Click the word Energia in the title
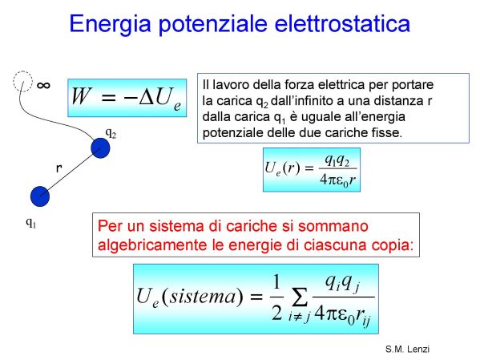tap(111, 25)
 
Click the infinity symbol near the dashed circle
tap(43, 85)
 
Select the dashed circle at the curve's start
tap(22, 81)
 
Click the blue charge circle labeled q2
tap(100, 148)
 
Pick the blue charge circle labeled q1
tap(40, 196)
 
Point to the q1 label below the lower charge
tap(31, 222)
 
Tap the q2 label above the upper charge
tap(111, 132)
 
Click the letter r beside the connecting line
tap(58, 168)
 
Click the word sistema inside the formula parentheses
tap(203, 297)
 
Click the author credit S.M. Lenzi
tap(407, 349)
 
